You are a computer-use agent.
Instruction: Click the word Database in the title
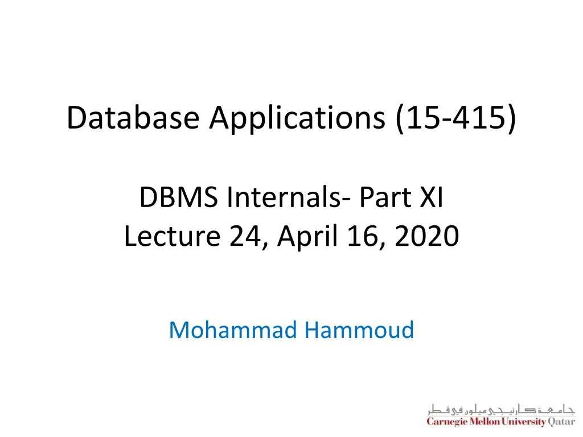[x=133, y=118]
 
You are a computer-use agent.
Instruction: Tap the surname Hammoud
[x=359, y=329]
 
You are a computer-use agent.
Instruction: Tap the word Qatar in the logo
[x=561, y=422]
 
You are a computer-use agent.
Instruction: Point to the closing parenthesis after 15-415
[x=512, y=118]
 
